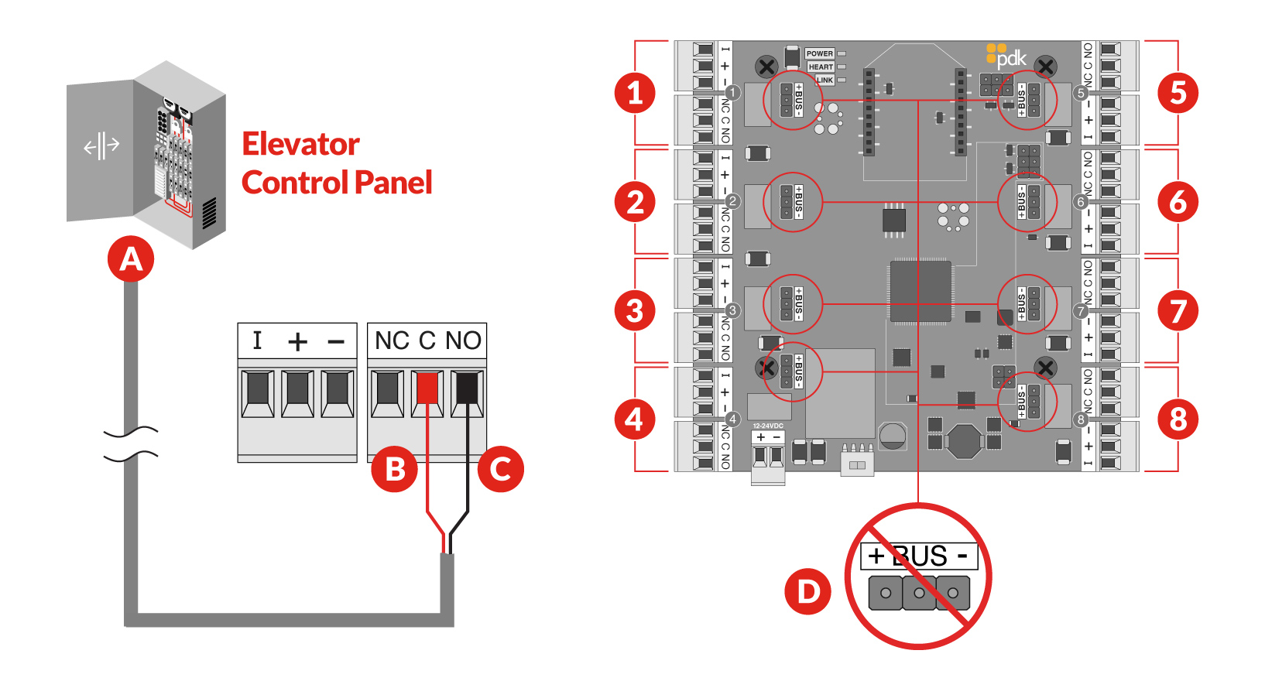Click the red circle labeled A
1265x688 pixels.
point(131,259)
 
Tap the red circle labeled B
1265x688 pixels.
point(395,469)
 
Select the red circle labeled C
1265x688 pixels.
point(501,469)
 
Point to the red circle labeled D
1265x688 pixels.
point(808,592)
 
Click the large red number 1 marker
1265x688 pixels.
point(635,93)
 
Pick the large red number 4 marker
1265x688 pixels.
point(635,419)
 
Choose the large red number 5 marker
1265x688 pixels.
point(1178,93)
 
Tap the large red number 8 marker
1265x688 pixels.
point(1178,419)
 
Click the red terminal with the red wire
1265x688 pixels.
point(427,388)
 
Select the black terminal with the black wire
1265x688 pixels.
point(467,388)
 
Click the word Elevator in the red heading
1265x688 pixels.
point(300,144)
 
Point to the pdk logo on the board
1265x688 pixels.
point(1007,56)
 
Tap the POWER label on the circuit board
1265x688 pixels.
point(819,53)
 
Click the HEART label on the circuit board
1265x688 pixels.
point(821,67)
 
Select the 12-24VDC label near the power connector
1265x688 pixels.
point(768,426)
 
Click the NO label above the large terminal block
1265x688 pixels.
point(463,341)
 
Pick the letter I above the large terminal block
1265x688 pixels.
point(257,341)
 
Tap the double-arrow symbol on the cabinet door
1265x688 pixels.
point(101,145)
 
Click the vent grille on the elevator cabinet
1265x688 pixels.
point(209,213)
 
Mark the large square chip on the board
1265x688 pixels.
point(920,291)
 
